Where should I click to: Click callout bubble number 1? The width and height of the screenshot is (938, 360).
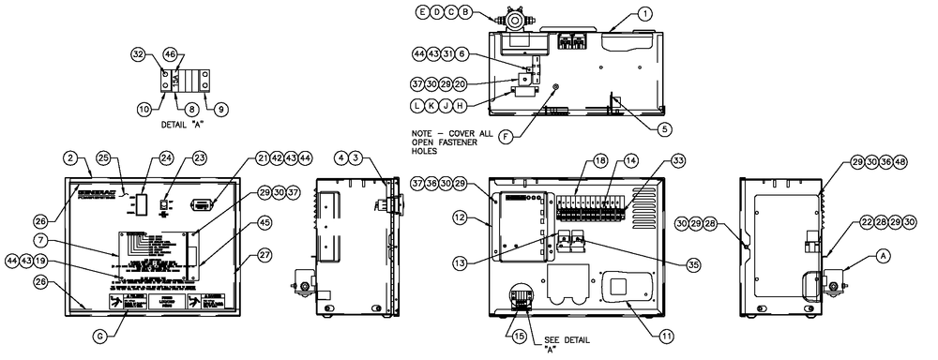click(x=645, y=14)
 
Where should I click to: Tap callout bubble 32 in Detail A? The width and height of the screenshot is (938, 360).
click(x=138, y=56)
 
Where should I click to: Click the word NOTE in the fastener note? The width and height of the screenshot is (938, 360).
click(x=424, y=133)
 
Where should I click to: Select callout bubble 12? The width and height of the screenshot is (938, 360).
click(x=483, y=217)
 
